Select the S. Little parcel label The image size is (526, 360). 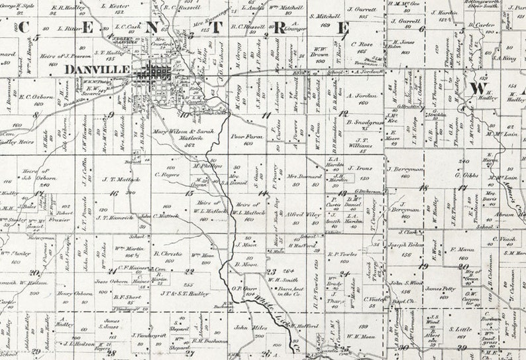460,328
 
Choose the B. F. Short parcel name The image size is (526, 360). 127,297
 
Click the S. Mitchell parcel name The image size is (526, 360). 321,15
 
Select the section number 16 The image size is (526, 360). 114,193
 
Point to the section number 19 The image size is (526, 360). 424,266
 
